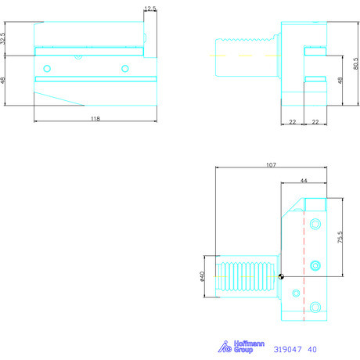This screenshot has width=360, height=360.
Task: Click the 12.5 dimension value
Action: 150,9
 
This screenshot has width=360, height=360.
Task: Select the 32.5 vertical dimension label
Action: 5,37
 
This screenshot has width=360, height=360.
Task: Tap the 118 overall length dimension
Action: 95,118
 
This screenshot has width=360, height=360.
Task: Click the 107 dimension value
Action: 272,165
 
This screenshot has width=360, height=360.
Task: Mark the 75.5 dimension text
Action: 340,237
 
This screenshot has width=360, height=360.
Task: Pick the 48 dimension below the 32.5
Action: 5,81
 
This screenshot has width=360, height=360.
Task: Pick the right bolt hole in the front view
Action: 124,69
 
